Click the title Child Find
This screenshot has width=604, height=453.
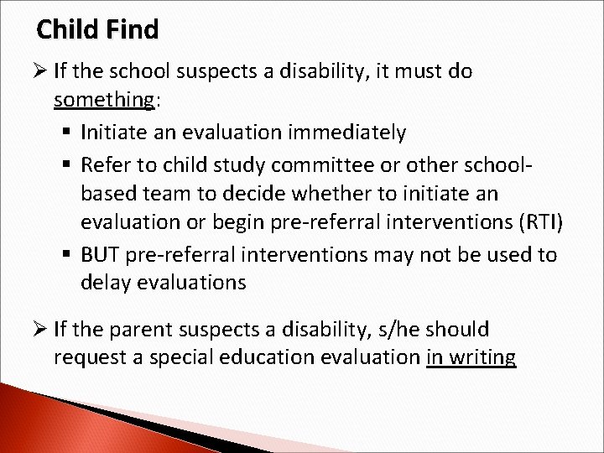[97, 31]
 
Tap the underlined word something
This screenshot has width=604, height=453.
[104, 101]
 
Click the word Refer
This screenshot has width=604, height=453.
[106, 162]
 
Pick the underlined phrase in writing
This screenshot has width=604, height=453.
[471, 357]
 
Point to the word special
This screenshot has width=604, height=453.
[188, 357]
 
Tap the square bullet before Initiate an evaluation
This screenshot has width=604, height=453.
[70, 133]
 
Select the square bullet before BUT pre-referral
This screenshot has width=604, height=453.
[70, 253]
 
